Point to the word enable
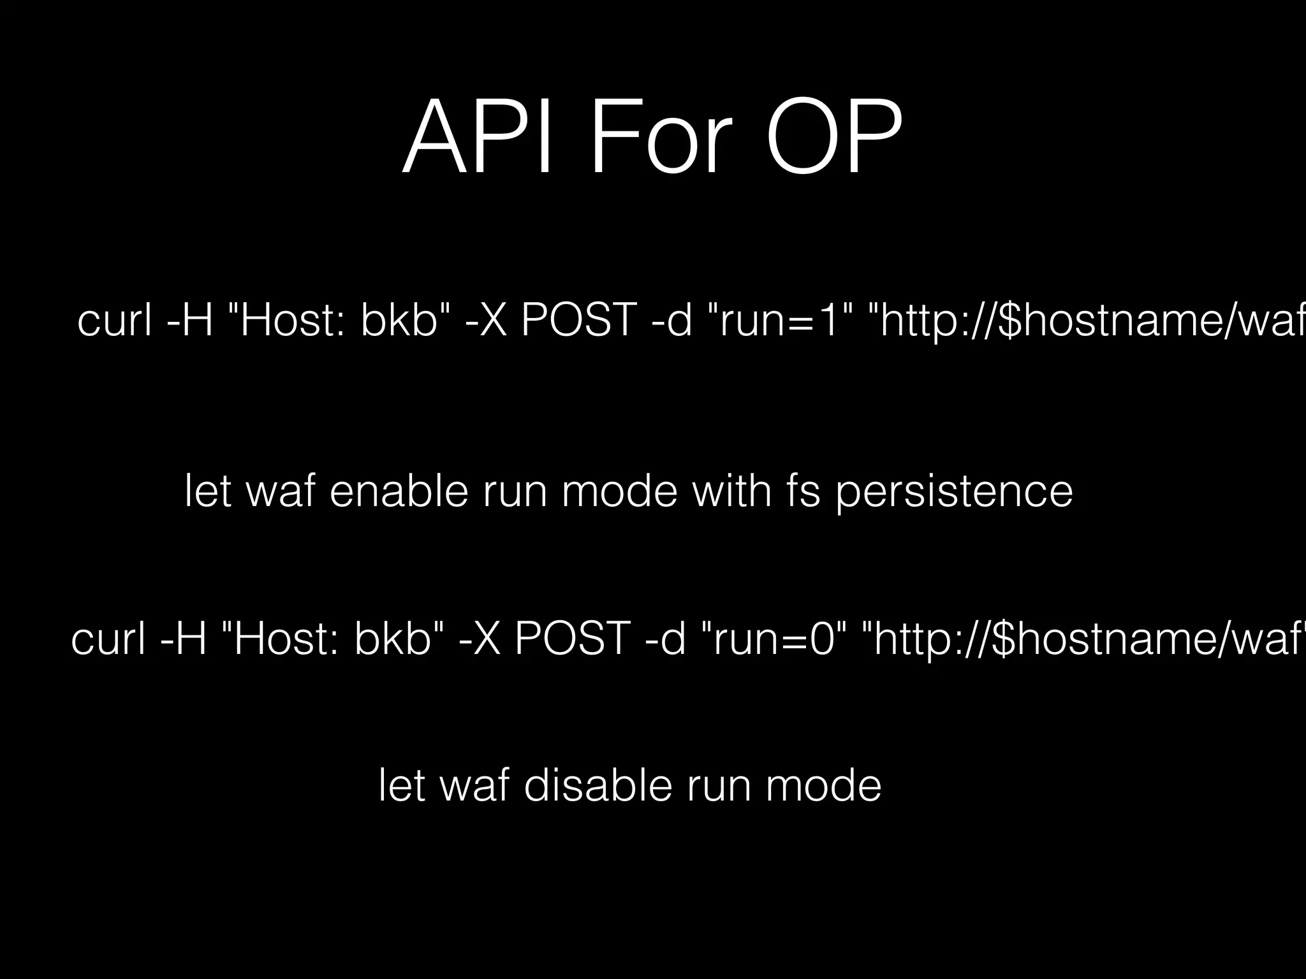pos(399,491)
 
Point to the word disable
pos(598,786)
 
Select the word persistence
pos(954,493)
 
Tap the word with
pos(732,491)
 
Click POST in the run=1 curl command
pos(579,320)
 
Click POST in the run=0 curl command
pos(572,639)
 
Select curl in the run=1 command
pos(114,320)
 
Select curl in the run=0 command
pos(108,639)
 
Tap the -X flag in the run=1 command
pos(486,320)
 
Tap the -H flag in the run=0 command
pos(184,639)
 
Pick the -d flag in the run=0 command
pos(666,639)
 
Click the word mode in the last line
pos(823,786)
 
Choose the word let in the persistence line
pos(207,491)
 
